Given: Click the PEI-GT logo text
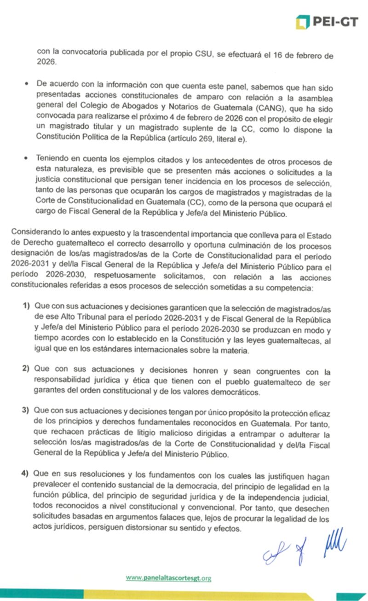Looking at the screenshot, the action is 335,21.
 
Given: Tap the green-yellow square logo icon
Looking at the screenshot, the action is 302,22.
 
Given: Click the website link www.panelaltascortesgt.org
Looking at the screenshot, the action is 168,578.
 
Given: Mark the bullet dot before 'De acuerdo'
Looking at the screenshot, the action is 26,84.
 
